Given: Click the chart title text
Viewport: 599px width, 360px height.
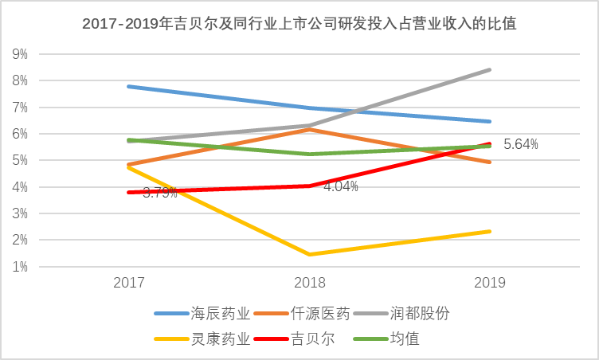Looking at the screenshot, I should (x=299, y=24).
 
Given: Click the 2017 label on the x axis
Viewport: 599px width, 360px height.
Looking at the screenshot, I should (x=128, y=283).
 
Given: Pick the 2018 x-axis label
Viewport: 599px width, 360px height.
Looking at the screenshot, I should (x=309, y=283).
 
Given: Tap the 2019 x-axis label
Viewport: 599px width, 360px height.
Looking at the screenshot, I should (x=490, y=283).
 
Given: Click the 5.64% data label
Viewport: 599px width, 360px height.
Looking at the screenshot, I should (x=521, y=144).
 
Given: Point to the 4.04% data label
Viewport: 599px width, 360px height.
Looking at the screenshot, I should (x=340, y=186).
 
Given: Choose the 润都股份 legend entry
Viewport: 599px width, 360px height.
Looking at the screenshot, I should (x=421, y=312).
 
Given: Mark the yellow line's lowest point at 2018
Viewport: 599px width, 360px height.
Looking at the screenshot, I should (x=309, y=255).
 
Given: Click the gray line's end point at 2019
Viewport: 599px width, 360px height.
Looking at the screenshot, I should (x=490, y=70).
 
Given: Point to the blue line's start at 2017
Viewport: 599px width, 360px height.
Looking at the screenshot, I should (x=128, y=86).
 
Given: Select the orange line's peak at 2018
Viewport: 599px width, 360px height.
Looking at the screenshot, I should (x=309, y=129).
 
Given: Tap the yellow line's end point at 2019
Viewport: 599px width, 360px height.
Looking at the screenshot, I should (x=490, y=232).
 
